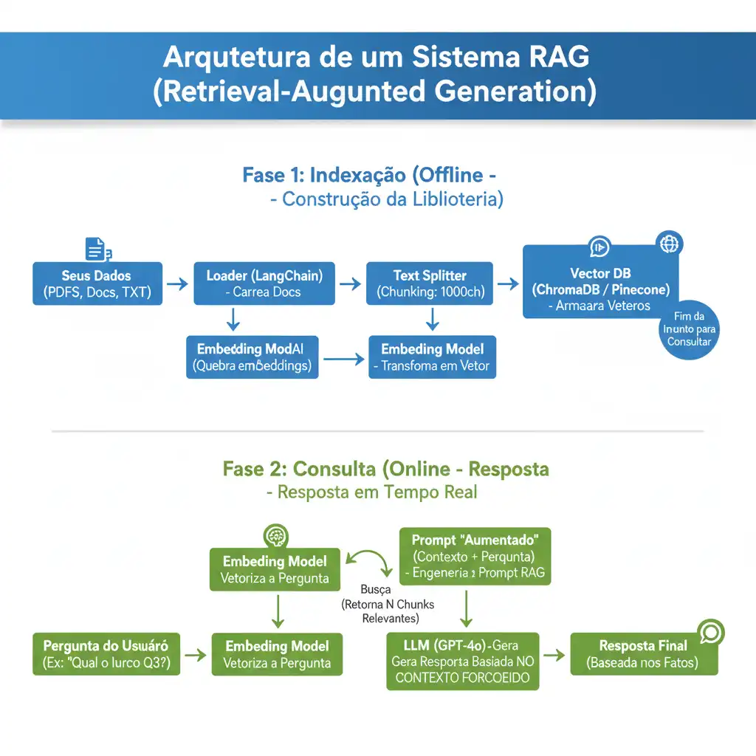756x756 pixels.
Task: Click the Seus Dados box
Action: (x=97, y=283)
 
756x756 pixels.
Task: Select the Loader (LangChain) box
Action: (x=264, y=283)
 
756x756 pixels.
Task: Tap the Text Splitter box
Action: (x=430, y=283)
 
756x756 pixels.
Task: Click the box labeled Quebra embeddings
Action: (x=252, y=357)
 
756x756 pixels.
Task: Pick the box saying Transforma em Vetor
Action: (x=432, y=357)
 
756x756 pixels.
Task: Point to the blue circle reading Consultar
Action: (x=689, y=333)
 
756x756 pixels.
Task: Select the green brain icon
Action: (x=276, y=536)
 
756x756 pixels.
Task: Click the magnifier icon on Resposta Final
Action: (x=711, y=633)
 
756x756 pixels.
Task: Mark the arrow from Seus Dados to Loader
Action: (x=178, y=283)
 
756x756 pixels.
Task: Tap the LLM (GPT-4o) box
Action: (x=463, y=660)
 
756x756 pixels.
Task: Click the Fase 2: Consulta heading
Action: (x=385, y=469)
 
